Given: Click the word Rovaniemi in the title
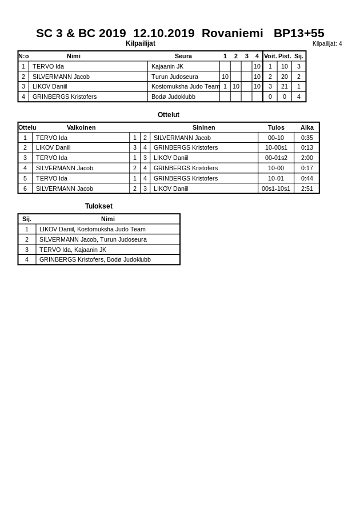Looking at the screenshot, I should [x=232, y=33].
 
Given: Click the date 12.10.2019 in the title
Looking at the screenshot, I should [x=163, y=33].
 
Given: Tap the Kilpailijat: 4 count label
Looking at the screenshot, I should [x=327, y=43].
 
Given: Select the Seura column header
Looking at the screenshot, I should [x=183, y=56].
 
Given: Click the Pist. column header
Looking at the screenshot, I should [x=284, y=56].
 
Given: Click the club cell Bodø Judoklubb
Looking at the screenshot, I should [x=173, y=97].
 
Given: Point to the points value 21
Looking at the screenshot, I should [x=284, y=86].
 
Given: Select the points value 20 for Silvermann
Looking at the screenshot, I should [x=284, y=77].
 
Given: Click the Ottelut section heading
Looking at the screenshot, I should [x=169, y=115].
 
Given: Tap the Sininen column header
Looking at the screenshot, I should [x=203, y=127].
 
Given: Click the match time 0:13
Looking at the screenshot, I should [x=307, y=147].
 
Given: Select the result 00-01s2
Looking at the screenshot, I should [x=276, y=158].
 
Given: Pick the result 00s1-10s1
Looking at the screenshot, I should [x=276, y=189].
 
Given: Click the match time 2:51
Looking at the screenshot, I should [x=307, y=189].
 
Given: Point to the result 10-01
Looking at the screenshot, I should [x=276, y=178].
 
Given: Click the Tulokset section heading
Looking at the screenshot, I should [x=99, y=206].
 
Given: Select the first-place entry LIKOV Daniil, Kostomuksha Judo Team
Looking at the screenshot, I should [x=93, y=229].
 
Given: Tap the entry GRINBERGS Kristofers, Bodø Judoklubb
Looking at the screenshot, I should [x=95, y=259].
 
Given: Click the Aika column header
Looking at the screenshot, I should [x=307, y=127].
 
